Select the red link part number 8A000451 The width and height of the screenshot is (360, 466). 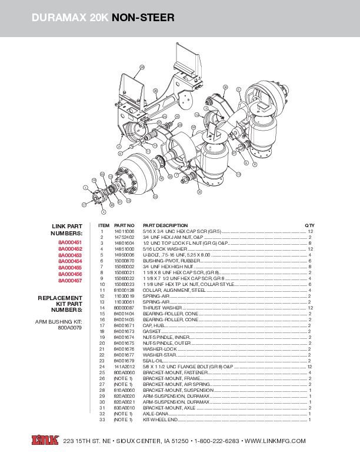point(69,242)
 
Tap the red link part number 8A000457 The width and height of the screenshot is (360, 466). point(69,281)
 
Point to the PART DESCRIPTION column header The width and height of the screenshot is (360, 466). point(165,225)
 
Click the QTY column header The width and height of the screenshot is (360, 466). point(309,225)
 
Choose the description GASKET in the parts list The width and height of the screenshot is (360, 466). point(152,331)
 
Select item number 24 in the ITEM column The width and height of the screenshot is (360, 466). point(101,367)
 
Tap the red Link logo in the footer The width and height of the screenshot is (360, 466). point(43,440)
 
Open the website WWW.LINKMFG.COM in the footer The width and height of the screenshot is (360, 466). point(275,441)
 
